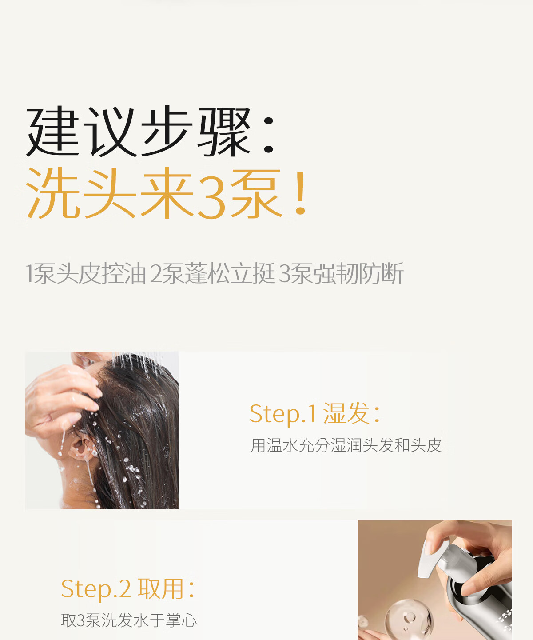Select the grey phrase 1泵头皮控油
point(86,273)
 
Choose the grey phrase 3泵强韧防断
point(341,273)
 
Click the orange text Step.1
point(282,414)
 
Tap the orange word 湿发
point(346,413)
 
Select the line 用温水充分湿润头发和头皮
point(346,445)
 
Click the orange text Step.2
point(95,589)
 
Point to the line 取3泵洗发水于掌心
point(129,620)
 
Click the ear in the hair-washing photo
point(81,448)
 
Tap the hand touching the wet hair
point(61,399)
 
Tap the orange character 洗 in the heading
point(54,192)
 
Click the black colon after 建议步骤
point(268,135)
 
